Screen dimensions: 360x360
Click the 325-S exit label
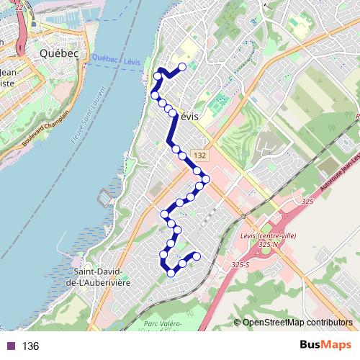(240, 266)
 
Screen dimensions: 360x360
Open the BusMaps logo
(327, 345)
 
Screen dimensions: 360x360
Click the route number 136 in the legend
(30, 346)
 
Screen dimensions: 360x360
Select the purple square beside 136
(12, 346)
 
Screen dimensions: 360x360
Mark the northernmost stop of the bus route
(182, 67)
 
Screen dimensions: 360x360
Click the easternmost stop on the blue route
(207, 179)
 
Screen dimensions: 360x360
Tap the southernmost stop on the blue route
(171, 272)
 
